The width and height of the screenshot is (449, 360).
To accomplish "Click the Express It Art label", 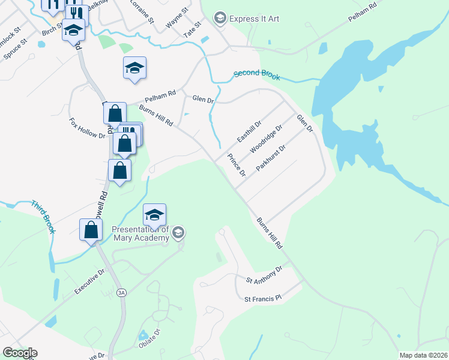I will click(255, 19).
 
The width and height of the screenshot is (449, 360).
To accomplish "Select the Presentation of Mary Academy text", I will click(140, 233).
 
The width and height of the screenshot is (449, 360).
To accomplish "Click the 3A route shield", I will click(122, 293).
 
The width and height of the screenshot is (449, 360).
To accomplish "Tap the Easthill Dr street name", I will click(249, 130).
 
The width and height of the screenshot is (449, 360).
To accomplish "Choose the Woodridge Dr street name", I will click(267, 139).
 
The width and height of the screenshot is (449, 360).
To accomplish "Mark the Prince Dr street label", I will click(236, 165).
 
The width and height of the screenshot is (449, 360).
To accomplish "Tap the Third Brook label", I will click(44, 217).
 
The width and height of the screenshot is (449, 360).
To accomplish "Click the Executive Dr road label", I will click(89, 281).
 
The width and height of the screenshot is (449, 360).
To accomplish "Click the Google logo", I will click(20, 353).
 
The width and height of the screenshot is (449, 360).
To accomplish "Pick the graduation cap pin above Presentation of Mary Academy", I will click(154, 215).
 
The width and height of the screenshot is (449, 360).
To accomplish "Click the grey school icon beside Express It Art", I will click(220, 19).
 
